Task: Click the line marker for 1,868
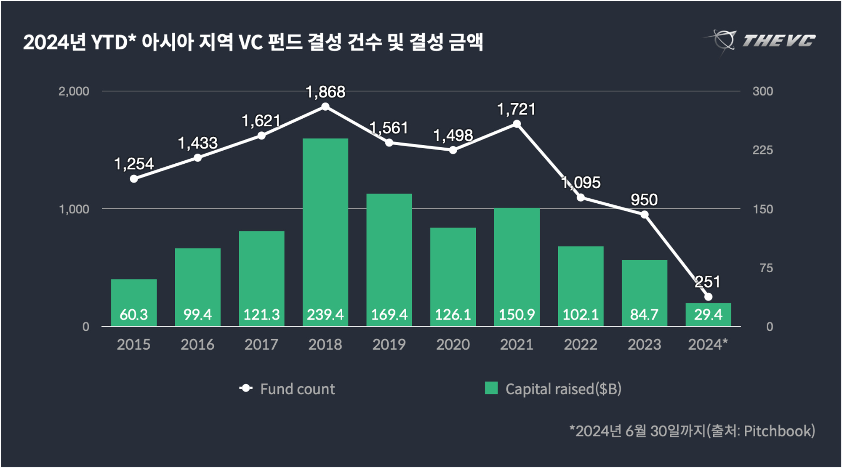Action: point(325,106)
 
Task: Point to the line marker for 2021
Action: point(517,124)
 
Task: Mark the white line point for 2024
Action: point(708,297)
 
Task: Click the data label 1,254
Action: point(134,164)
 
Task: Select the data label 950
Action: point(644,199)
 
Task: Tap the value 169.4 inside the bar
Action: point(389,314)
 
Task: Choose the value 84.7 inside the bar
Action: point(644,314)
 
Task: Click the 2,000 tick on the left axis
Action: point(74,91)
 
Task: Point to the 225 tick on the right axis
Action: point(762,150)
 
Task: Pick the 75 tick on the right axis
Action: point(766,268)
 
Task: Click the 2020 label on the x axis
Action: point(453,345)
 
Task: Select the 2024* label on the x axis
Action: point(708,345)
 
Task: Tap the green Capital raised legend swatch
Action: point(491,388)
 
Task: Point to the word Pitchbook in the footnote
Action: point(779,431)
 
